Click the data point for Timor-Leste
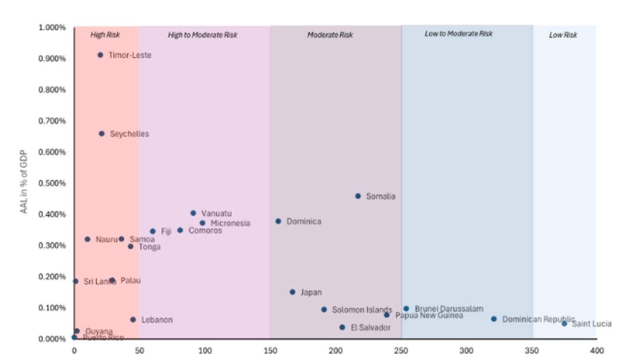[100, 55]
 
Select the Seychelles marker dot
[101, 134]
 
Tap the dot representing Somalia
[358, 196]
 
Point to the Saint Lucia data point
[564, 323]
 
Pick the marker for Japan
[292, 292]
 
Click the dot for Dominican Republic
[494, 319]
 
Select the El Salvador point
[342, 327]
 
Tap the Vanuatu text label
[216, 214]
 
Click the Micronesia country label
[230, 223]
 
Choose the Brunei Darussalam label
[449, 309]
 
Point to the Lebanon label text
[157, 320]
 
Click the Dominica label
[304, 222]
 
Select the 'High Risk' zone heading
[105, 35]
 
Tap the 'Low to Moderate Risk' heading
[459, 34]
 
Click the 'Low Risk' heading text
[563, 35]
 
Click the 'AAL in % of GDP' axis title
[24, 182]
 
